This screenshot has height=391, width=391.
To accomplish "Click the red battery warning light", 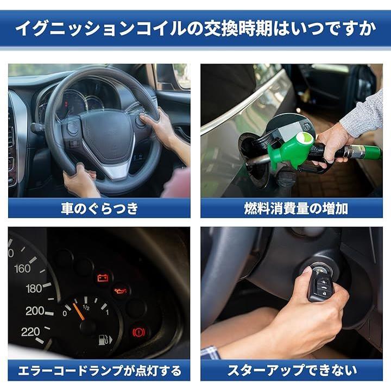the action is tap(103, 278).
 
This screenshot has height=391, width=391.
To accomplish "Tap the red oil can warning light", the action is tap(121, 291).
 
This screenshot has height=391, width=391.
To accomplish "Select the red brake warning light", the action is tap(138, 332).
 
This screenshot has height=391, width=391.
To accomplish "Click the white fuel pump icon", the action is tap(105, 339).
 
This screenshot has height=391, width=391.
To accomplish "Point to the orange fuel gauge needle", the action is tap(79, 312).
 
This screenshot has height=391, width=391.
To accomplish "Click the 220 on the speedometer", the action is tap(30, 332).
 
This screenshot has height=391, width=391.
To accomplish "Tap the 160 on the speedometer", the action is tap(22, 269).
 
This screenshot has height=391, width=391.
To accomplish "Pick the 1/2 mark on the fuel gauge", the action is tap(86, 307).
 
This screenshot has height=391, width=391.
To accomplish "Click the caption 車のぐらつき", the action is tap(99, 208).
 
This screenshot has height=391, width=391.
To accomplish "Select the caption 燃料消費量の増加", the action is tap(296, 208).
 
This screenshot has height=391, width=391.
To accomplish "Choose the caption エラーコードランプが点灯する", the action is tap(99, 370).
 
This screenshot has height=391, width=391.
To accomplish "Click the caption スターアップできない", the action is tap(292, 370).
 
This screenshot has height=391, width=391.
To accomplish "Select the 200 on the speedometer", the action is tap(35, 311).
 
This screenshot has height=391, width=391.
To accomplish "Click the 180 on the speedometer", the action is tap(34, 288).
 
